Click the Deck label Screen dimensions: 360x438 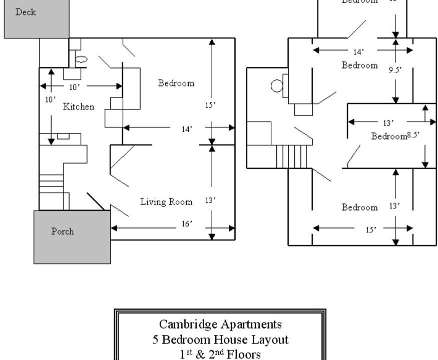(x=26, y=12)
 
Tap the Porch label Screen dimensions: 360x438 (x=63, y=231)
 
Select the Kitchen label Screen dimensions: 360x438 (x=79, y=106)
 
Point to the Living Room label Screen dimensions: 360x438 (x=166, y=202)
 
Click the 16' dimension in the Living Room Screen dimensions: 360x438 (x=187, y=224)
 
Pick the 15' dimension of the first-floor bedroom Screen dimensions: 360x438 (x=210, y=105)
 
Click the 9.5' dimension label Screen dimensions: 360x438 (x=395, y=70)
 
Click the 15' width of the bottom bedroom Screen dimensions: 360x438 (x=371, y=230)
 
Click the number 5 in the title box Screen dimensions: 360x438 (x=156, y=340)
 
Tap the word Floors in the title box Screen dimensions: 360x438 (x=244, y=354)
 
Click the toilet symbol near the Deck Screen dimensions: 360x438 (x=81, y=59)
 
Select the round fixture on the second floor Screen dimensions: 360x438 (x=276, y=86)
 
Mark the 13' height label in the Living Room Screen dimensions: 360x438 (x=210, y=200)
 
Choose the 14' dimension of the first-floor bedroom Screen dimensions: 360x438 (x=187, y=129)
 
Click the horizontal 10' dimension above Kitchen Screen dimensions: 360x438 (x=74, y=87)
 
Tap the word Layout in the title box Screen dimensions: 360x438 (x=271, y=340)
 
